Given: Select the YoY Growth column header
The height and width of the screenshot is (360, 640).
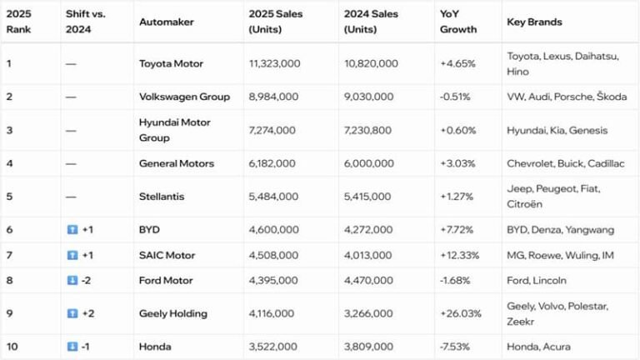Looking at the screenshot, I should (x=458, y=22).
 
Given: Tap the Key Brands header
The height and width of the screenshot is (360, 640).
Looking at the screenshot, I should (x=534, y=22).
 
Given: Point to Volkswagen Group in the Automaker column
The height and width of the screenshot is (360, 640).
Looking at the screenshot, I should (x=184, y=97).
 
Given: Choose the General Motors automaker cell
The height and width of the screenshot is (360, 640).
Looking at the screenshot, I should (x=176, y=163).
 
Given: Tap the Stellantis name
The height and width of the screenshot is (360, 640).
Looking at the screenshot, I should (x=162, y=197).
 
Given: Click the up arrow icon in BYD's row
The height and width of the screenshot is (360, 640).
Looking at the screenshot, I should (x=72, y=230).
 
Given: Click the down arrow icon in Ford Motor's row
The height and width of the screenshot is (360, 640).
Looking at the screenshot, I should (x=72, y=281).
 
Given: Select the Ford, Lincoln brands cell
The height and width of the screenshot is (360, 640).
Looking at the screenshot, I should (x=537, y=281).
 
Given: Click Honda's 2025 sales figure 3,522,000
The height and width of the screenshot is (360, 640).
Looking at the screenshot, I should (x=273, y=347).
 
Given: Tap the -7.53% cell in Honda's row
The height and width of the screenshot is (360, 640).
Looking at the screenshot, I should (x=455, y=347).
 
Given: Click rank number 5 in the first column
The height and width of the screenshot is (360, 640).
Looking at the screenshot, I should (x=9, y=197).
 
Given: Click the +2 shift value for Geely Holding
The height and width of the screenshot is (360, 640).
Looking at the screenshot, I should (x=87, y=314).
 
